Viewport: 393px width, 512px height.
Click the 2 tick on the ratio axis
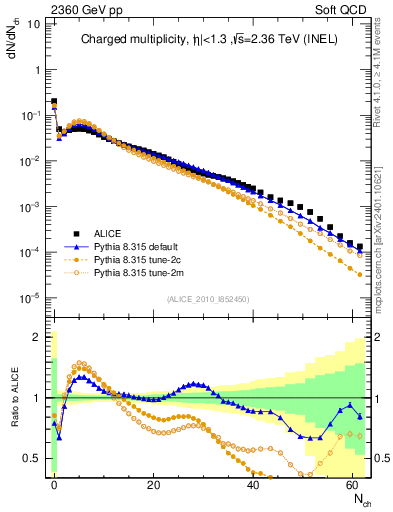pyautogui.click(x=38, y=337)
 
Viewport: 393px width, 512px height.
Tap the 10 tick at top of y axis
pyautogui.click(x=32, y=23)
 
